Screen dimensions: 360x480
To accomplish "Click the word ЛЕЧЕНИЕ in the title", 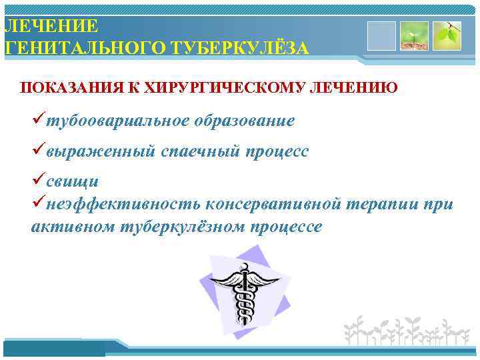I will point(51,26).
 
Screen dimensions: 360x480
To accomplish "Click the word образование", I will point(244,121).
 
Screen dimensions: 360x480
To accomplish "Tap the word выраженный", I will point(101,151).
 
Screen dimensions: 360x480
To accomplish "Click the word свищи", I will point(72,181).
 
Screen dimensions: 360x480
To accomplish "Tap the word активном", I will point(73,227).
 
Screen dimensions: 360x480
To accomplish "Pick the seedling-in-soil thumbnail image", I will point(414,36).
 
